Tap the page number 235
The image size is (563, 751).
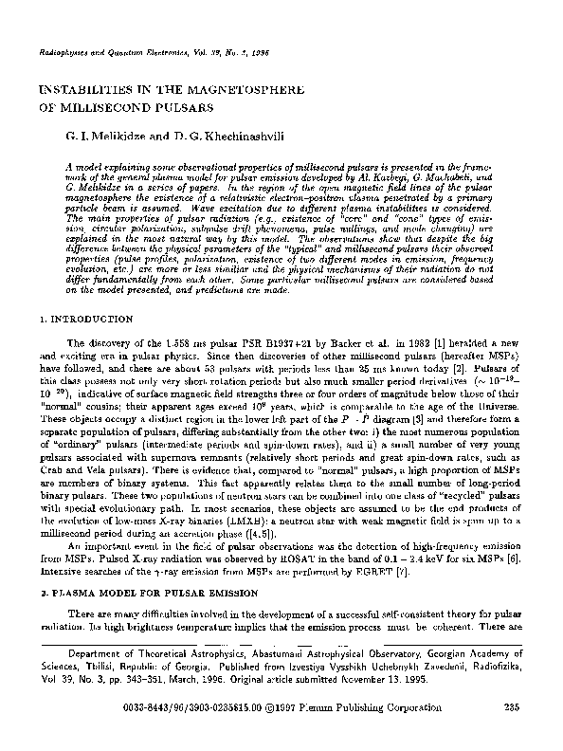(x=512, y=730)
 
